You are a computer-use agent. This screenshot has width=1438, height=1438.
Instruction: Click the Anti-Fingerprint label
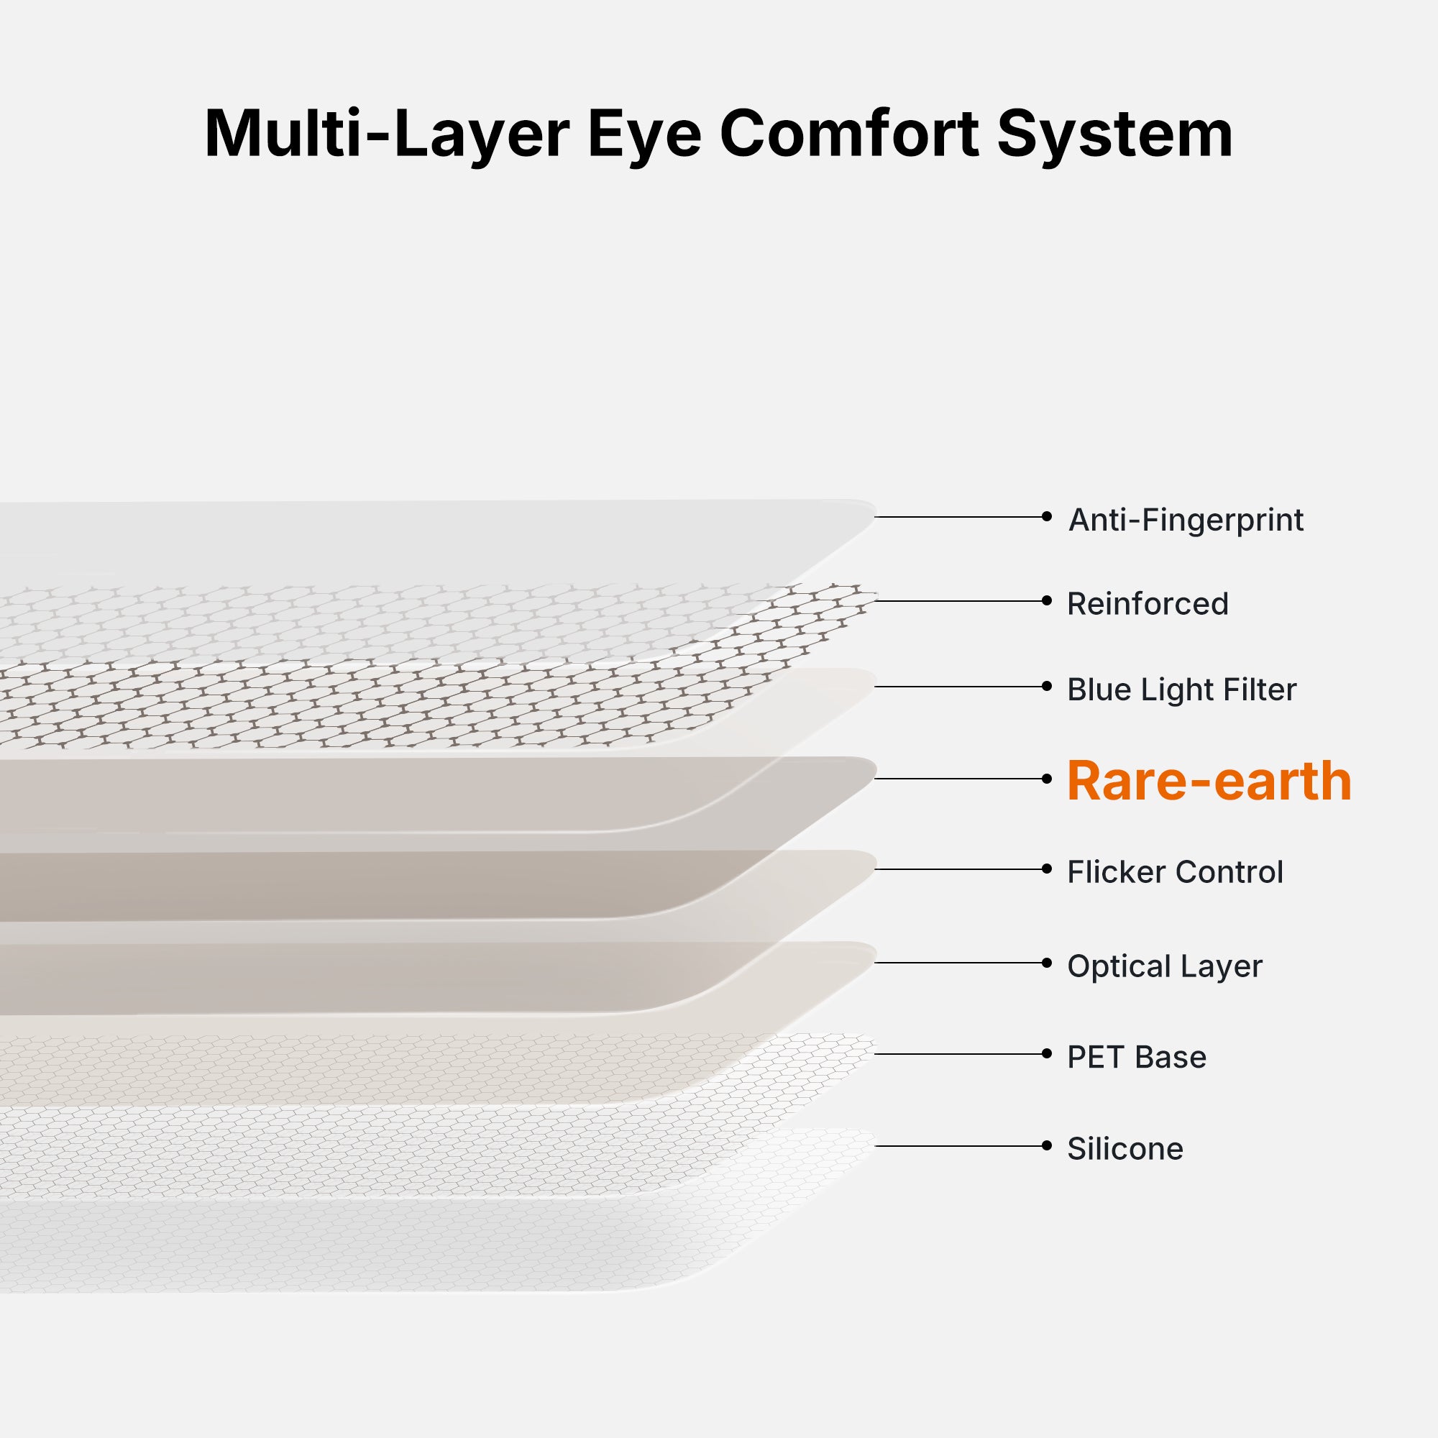(1186, 521)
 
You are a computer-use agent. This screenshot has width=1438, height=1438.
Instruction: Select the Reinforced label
(1148, 604)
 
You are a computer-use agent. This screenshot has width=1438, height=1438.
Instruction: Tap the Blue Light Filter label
(1182, 690)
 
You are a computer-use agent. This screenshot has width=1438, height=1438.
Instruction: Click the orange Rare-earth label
(1209, 781)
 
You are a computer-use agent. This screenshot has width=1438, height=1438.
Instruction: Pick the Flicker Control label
(1176, 871)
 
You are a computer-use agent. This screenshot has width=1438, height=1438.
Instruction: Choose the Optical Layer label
(1165, 966)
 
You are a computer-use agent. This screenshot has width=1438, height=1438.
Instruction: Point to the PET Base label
(1137, 1057)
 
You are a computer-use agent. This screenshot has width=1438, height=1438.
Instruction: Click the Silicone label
(1125, 1148)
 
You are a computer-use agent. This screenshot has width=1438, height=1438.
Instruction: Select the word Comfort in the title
(849, 134)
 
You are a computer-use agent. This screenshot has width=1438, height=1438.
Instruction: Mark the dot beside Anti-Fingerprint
(1046, 516)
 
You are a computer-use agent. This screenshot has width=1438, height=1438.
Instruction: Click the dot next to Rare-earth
(1046, 779)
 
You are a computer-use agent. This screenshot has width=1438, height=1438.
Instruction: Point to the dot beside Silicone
(1046, 1145)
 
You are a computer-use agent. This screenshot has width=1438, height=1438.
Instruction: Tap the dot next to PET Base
(1046, 1053)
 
